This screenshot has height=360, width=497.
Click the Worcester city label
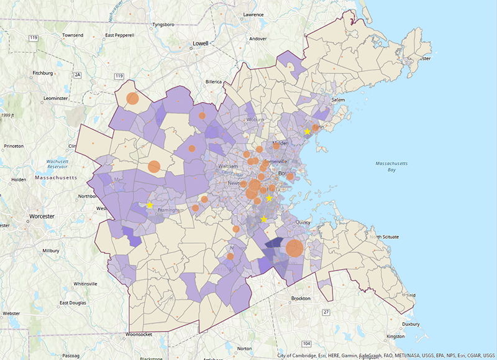click(x=40, y=216)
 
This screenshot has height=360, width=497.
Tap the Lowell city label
click(x=201, y=44)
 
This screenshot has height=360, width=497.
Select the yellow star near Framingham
click(x=150, y=205)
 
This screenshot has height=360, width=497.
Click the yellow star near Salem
click(x=308, y=131)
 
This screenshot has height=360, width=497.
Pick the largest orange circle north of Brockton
click(x=294, y=249)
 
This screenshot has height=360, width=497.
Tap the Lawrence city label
click(x=253, y=14)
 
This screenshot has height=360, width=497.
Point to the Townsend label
click(x=72, y=35)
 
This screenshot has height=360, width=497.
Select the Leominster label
click(x=45, y=98)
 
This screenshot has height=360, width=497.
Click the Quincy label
click(x=303, y=220)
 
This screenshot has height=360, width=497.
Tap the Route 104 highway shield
click(x=306, y=343)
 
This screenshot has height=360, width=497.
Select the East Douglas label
click(x=73, y=303)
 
